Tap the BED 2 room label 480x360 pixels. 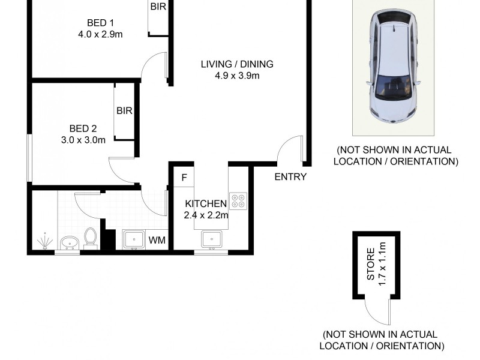pyautogui.click(x=83, y=128)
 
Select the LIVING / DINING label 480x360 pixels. pyautogui.click(x=237, y=64)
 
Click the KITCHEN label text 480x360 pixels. pyautogui.click(x=206, y=203)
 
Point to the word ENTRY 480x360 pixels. pyautogui.click(x=290, y=177)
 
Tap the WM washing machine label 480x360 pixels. pyautogui.click(x=157, y=241)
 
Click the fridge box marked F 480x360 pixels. pyautogui.click(x=184, y=178)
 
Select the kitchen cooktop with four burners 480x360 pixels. pyautogui.click(x=238, y=200)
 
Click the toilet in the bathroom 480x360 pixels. pyautogui.click(x=91, y=238)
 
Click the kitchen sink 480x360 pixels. pyautogui.click(x=211, y=240)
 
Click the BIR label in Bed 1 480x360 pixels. pyautogui.click(x=158, y=7)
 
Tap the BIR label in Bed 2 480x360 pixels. pyautogui.click(x=124, y=111)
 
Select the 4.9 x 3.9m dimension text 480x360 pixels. pyautogui.click(x=237, y=76)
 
